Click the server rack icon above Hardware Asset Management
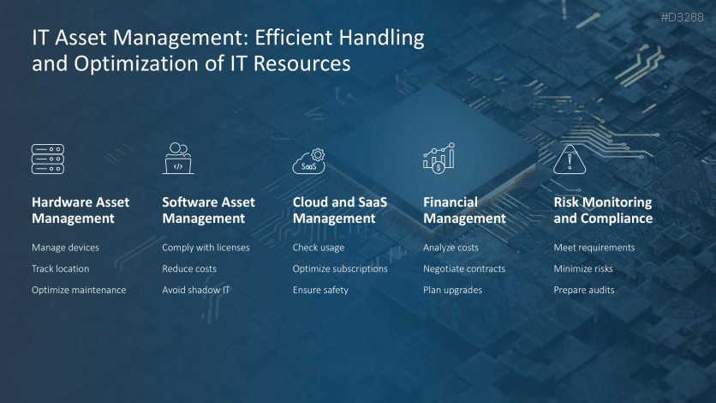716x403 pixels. (48, 159)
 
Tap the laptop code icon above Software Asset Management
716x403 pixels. (179, 159)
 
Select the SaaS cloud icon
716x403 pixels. (309, 161)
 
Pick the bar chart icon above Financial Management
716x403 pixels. (439, 159)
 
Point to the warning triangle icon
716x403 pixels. (569, 159)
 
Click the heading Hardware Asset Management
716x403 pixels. (81, 210)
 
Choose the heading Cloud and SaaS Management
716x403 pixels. (340, 210)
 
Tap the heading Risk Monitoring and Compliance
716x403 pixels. (603, 210)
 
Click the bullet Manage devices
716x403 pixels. (65, 248)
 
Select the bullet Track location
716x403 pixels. (60, 268)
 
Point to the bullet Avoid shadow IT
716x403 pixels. (195, 290)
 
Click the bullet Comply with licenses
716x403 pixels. (206, 248)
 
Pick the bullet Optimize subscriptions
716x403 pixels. (340, 268)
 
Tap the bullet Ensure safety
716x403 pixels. (320, 290)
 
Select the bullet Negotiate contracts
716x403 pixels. (464, 268)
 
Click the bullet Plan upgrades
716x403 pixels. (452, 290)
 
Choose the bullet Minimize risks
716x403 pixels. (583, 268)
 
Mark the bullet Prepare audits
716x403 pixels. (584, 290)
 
